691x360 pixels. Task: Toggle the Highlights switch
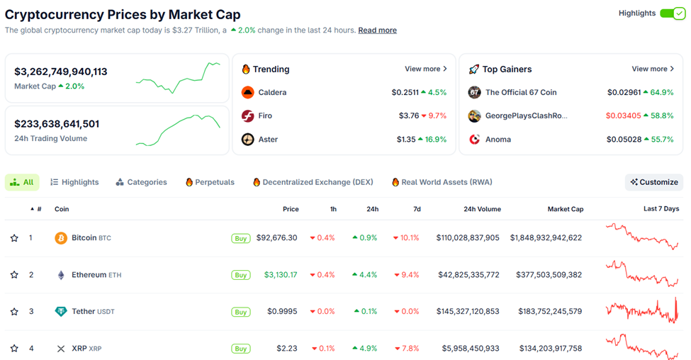(x=672, y=13)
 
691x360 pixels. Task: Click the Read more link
(x=377, y=30)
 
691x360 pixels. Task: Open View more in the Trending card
(x=425, y=69)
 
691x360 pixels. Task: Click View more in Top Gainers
(x=653, y=69)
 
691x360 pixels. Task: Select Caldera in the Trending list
(x=272, y=92)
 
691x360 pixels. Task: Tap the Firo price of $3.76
(x=409, y=116)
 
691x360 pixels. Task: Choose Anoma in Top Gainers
(x=498, y=140)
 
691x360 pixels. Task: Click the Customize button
(x=654, y=182)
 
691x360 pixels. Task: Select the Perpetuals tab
(x=210, y=182)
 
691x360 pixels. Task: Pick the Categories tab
(x=142, y=182)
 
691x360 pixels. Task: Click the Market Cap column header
(x=565, y=209)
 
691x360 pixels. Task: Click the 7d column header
(x=417, y=209)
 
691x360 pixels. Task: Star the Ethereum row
(x=14, y=275)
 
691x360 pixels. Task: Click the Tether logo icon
(x=61, y=312)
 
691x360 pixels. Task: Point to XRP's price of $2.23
(x=287, y=349)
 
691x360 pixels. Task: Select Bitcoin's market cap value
(x=546, y=238)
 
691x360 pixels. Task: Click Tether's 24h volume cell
(x=468, y=312)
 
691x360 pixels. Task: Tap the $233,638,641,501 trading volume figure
(x=57, y=124)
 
